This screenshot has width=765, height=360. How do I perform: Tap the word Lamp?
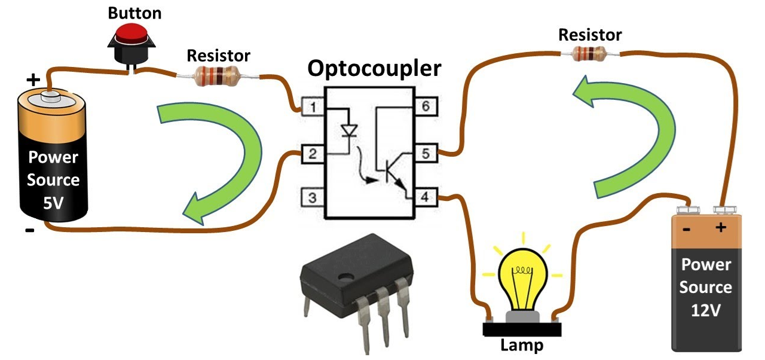(522, 346)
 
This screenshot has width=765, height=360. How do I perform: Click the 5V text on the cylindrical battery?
(53, 202)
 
